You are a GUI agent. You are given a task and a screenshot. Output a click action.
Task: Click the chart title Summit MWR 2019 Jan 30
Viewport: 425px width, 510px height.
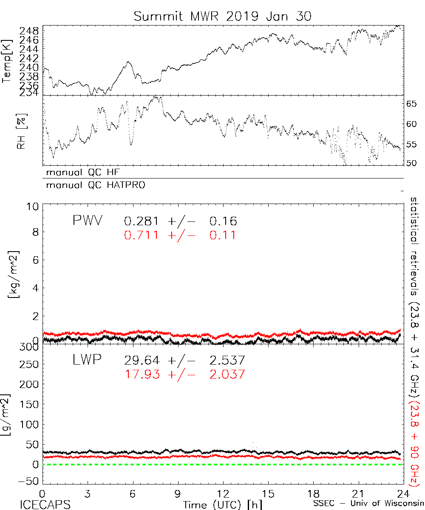pos(223,17)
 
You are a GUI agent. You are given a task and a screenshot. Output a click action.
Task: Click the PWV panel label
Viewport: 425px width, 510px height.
pos(88,221)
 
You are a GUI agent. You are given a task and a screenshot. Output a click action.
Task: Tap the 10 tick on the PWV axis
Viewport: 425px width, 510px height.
pos(34,207)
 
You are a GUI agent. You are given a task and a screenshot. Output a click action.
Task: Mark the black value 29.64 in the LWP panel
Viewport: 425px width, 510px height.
pos(142,361)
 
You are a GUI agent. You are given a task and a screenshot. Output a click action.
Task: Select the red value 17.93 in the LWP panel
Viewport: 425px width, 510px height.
pos(142,374)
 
